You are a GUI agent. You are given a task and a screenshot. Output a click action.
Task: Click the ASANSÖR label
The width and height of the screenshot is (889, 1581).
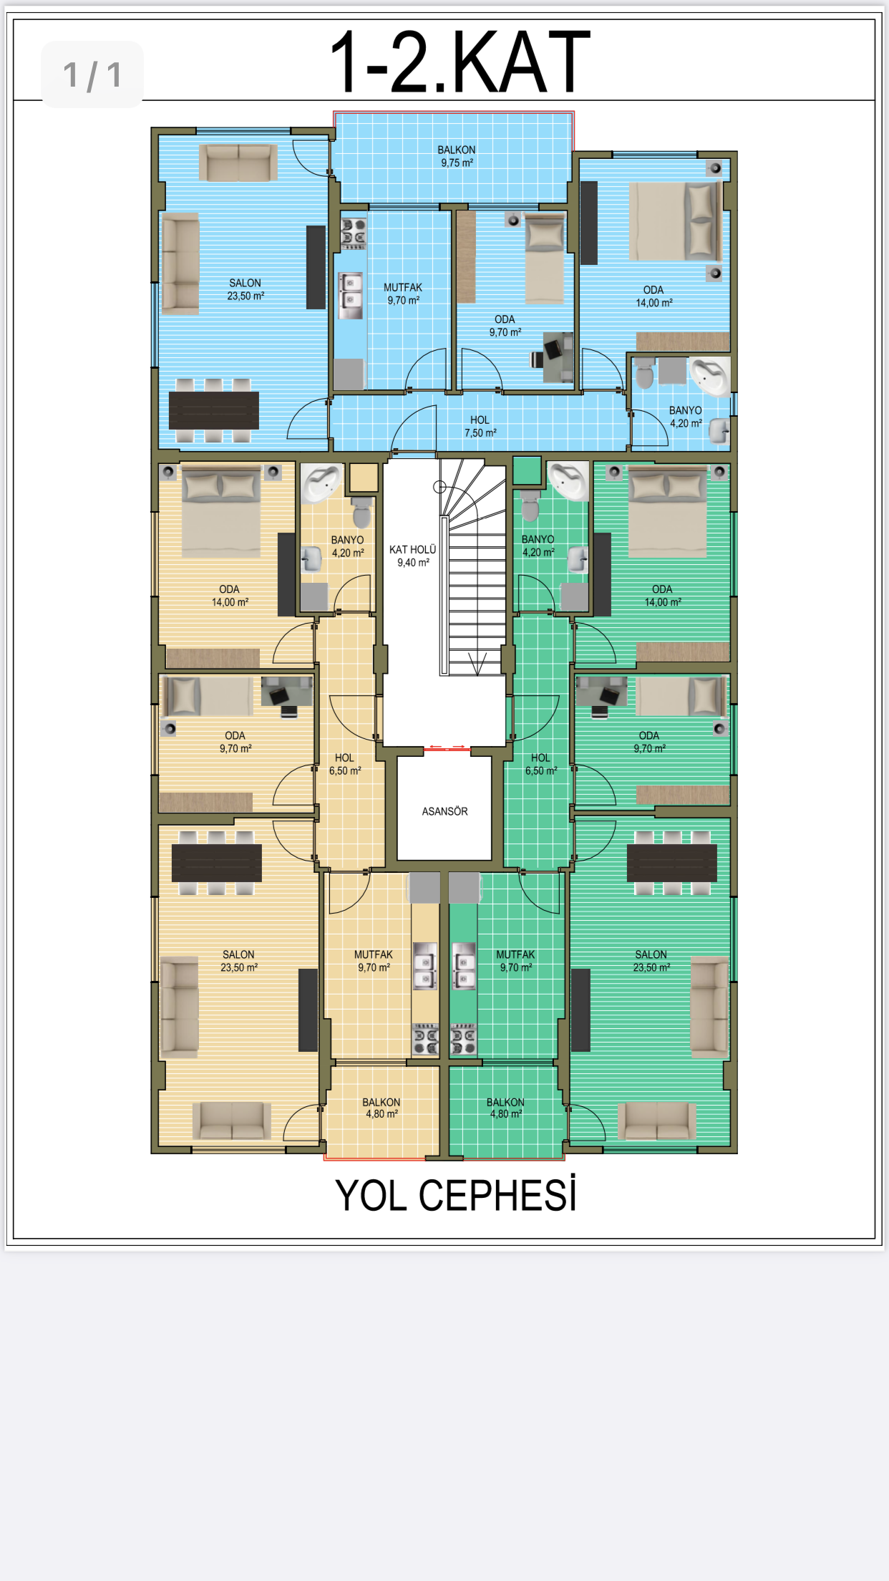click(444, 811)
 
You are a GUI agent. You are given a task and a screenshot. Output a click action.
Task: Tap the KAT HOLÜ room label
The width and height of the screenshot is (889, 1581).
click(412, 556)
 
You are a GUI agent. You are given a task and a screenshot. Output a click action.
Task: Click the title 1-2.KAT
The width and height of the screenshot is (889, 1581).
click(460, 62)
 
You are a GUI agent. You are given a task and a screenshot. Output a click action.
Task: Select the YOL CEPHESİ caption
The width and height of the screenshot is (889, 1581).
click(456, 1195)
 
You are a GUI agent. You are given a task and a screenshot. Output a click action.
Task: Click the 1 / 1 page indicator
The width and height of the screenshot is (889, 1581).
click(92, 75)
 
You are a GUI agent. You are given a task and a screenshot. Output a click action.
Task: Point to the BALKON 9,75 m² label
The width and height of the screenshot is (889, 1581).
click(457, 156)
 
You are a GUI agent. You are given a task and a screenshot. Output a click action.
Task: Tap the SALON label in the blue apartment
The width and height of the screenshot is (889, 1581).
click(246, 289)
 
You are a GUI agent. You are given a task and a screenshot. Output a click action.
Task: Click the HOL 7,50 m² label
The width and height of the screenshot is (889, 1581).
click(480, 427)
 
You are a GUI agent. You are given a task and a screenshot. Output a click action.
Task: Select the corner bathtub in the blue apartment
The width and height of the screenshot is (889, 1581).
click(709, 375)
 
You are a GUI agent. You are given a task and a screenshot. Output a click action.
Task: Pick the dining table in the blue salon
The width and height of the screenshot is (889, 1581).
click(214, 410)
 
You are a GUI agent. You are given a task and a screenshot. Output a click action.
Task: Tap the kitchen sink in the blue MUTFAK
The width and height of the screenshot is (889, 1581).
click(351, 295)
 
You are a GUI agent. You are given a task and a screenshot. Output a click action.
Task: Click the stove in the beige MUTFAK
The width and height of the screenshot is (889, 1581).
click(425, 1039)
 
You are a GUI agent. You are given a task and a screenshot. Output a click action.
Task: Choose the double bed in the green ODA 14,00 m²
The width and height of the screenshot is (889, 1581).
click(667, 511)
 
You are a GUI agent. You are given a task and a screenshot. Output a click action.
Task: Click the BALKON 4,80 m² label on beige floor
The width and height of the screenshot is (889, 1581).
click(382, 1108)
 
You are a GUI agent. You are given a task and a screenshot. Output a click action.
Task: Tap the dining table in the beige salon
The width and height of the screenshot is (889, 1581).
click(216, 863)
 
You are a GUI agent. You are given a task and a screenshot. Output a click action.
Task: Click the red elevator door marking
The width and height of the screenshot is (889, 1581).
click(446, 748)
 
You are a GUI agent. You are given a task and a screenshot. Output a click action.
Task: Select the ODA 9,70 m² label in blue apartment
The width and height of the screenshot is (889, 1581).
click(505, 326)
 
